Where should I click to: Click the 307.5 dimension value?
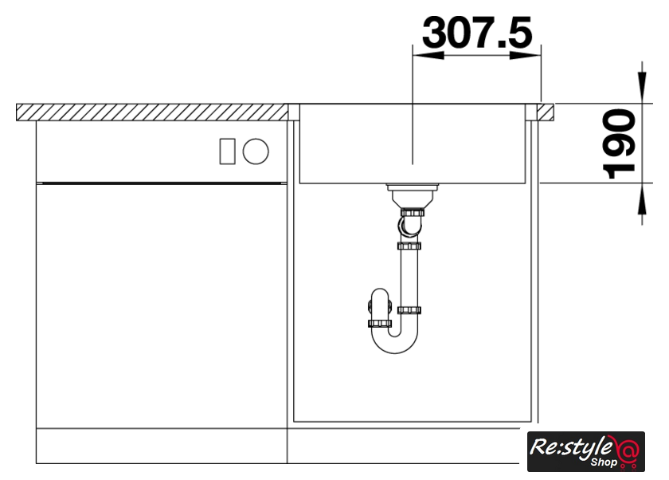pyautogui.click(x=477, y=33)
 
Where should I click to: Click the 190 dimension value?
pyautogui.click(x=619, y=144)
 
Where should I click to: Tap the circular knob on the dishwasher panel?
pyautogui.click(x=256, y=151)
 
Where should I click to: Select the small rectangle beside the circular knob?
pyautogui.click(x=228, y=151)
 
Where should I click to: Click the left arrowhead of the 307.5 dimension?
pyautogui.click(x=428, y=55)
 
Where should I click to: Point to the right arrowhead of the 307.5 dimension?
pyautogui.click(x=525, y=55)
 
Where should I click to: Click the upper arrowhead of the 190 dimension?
pyautogui.click(x=642, y=88)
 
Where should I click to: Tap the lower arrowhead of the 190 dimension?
pyautogui.click(x=642, y=199)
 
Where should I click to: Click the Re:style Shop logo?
pyautogui.click(x=586, y=451)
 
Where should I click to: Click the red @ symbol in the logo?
pyautogui.click(x=628, y=450)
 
